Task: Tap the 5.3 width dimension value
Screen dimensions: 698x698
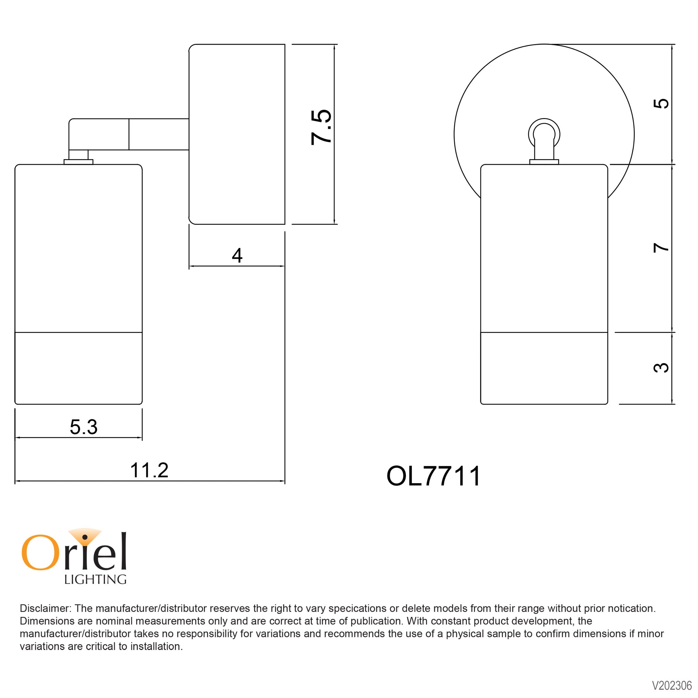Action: (x=83, y=427)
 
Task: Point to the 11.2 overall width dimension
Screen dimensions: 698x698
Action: (x=149, y=471)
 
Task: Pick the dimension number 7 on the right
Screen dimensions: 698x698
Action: (x=661, y=248)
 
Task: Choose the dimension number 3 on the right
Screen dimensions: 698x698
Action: (x=661, y=368)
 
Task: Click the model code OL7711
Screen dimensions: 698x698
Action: (x=433, y=476)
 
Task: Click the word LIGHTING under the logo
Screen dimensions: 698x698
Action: (x=95, y=580)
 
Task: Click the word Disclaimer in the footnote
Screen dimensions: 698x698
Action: (x=46, y=608)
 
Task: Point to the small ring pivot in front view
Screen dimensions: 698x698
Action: (x=544, y=133)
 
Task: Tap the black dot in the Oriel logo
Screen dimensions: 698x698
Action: (x=85, y=537)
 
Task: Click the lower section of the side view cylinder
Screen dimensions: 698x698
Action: (x=78, y=367)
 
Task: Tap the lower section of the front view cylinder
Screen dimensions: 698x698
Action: (x=544, y=367)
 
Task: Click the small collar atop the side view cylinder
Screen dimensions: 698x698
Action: (x=78, y=161)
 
